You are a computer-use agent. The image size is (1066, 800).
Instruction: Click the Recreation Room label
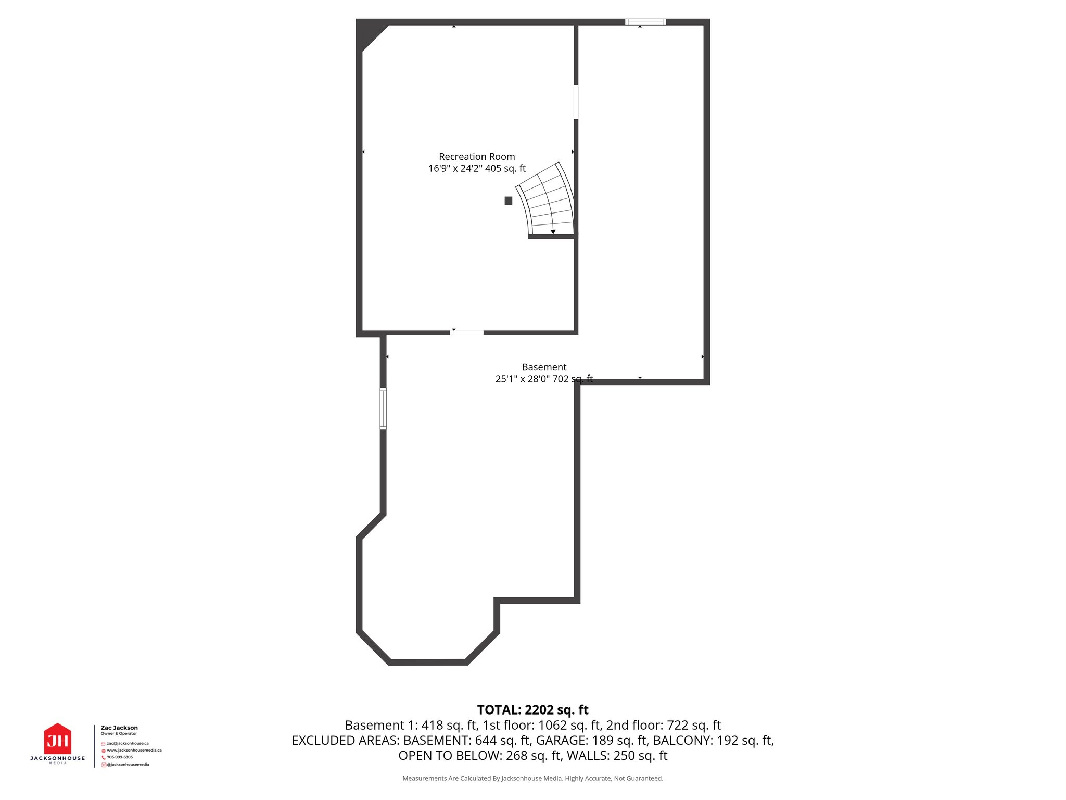(x=477, y=157)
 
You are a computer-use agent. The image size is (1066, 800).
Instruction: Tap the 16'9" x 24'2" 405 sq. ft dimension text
(x=477, y=169)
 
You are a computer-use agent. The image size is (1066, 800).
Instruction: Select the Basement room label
(x=544, y=367)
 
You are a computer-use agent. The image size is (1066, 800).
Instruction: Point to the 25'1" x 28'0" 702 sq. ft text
(x=544, y=379)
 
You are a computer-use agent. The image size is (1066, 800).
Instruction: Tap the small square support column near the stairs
(x=509, y=201)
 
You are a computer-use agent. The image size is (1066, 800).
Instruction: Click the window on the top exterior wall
(x=645, y=22)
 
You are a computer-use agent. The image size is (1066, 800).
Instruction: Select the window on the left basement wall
(x=383, y=408)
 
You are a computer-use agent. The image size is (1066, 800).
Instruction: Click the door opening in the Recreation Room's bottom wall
(x=467, y=332)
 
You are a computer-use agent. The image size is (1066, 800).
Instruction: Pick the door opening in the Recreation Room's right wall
(x=576, y=102)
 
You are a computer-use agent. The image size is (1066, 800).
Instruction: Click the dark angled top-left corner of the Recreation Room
(x=369, y=32)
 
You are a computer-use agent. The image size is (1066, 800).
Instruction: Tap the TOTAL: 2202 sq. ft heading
(x=532, y=710)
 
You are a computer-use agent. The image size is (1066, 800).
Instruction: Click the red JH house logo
(x=57, y=739)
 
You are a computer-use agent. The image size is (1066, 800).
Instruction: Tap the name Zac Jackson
(x=119, y=728)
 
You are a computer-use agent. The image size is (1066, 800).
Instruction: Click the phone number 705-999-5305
(x=120, y=757)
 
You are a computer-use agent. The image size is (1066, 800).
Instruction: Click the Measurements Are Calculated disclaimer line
(x=532, y=778)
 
